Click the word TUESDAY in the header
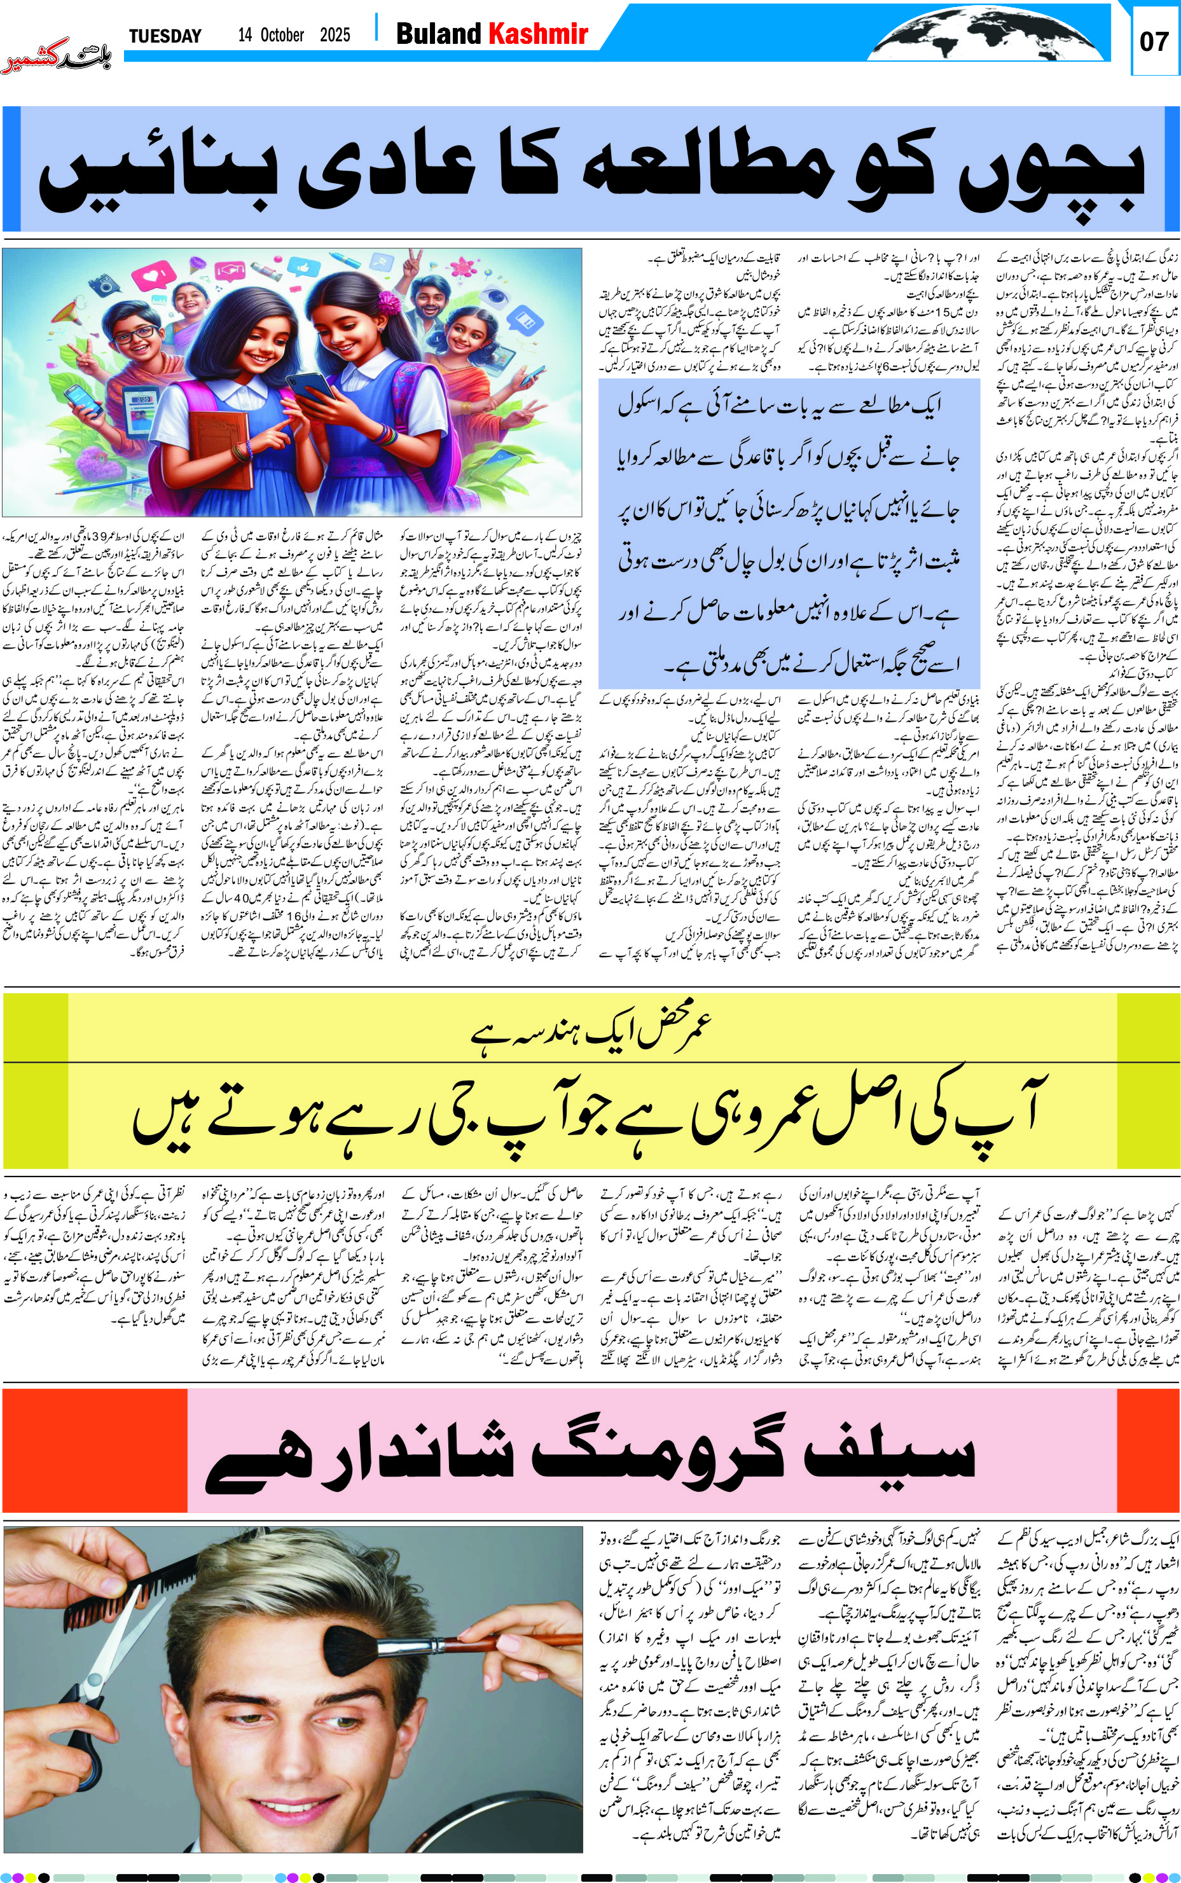(x=165, y=36)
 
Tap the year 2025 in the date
(x=335, y=35)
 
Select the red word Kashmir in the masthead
(x=537, y=34)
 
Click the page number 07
(x=1154, y=41)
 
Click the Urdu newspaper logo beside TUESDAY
(x=56, y=56)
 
